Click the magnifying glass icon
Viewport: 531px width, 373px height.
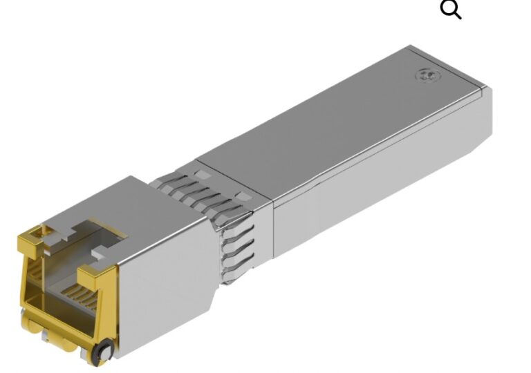451,10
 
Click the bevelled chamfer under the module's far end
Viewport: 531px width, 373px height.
477,156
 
